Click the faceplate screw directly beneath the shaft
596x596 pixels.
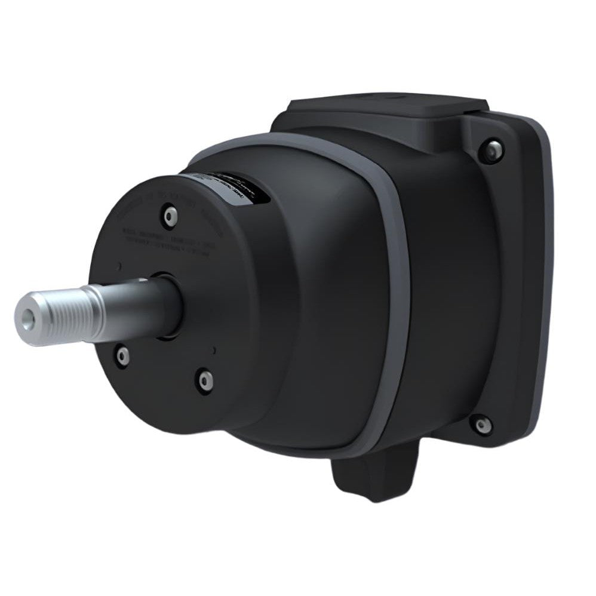point(122,357)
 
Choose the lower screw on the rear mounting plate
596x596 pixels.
point(481,425)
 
